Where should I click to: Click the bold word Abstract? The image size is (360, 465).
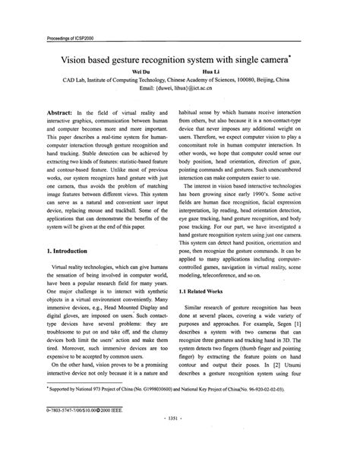(x=60, y=111)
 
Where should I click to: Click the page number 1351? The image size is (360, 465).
(x=179, y=437)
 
